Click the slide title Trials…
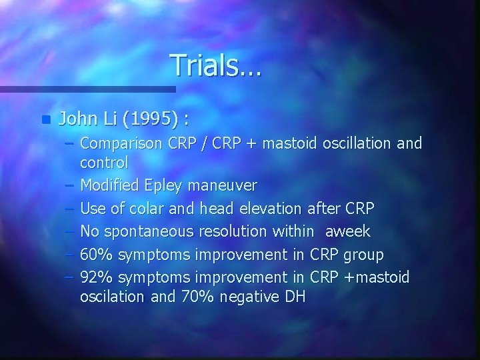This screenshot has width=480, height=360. pyautogui.click(x=217, y=65)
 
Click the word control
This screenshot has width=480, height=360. pyautogui.click(x=103, y=161)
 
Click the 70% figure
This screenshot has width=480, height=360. pyautogui.click(x=197, y=297)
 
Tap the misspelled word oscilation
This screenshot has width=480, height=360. pyautogui.click(x=112, y=297)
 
